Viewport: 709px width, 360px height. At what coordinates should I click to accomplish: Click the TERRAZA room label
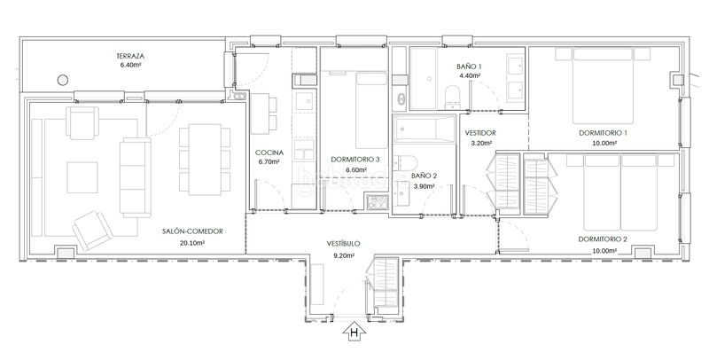click(130, 57)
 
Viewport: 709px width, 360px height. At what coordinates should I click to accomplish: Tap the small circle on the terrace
click(63, 80)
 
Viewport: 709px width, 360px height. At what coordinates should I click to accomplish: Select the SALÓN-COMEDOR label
click(192, 231)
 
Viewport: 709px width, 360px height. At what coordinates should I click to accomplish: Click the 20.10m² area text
click(192, 243)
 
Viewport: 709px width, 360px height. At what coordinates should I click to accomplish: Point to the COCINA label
click(269, 153)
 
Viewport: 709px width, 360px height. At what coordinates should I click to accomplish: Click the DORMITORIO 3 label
click(355, 160)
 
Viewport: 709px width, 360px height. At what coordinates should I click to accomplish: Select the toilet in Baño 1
click(452, 98)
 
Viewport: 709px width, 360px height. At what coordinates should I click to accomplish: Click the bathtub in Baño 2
click(424, 129)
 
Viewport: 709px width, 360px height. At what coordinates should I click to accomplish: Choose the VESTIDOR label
click(480, 133)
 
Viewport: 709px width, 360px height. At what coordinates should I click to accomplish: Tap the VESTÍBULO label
click(344, 243)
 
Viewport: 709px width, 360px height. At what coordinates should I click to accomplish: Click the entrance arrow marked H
click(354, 331)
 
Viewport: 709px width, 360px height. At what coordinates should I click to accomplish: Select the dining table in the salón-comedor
click(205, 160)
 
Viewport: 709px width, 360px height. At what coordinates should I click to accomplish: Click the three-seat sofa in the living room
click(136, 177)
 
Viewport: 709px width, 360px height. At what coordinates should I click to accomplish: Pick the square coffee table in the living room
click(82, 177)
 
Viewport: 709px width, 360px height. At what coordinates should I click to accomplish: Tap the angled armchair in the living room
click(93, 231)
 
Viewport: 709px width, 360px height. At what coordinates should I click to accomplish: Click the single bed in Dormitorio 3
click(371, 110)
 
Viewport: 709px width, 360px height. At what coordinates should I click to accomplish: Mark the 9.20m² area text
click(344, 255)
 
